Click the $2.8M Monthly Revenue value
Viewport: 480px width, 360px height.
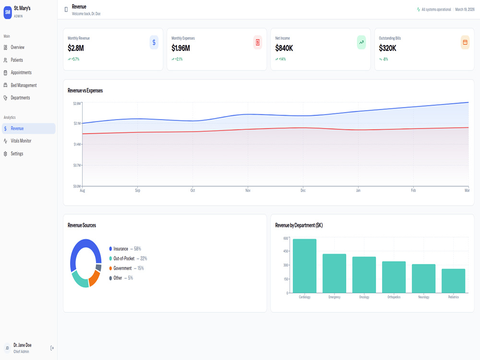[76, 48]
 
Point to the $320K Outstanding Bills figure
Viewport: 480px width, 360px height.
[387, 48]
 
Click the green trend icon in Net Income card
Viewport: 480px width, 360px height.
[361, 42]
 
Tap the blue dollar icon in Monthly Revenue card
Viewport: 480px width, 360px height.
[154, 42]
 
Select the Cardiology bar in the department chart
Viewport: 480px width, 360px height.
[305, 266]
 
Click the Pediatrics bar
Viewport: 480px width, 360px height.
[454, 281]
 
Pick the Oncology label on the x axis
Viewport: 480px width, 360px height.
[364, 297]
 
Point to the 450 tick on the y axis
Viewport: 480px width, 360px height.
[286, 251]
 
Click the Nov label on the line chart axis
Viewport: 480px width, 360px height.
[248, 191]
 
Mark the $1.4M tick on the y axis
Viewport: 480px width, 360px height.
[77, 144]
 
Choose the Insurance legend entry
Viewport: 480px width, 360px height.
[125, 249]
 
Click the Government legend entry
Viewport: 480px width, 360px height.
[126, 268]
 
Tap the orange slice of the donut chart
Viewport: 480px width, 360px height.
[95, 278]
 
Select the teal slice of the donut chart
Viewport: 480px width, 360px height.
[80, 280]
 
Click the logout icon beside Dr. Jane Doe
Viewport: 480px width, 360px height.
[52, 348]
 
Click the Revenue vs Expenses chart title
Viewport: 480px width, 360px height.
[85, 91]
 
